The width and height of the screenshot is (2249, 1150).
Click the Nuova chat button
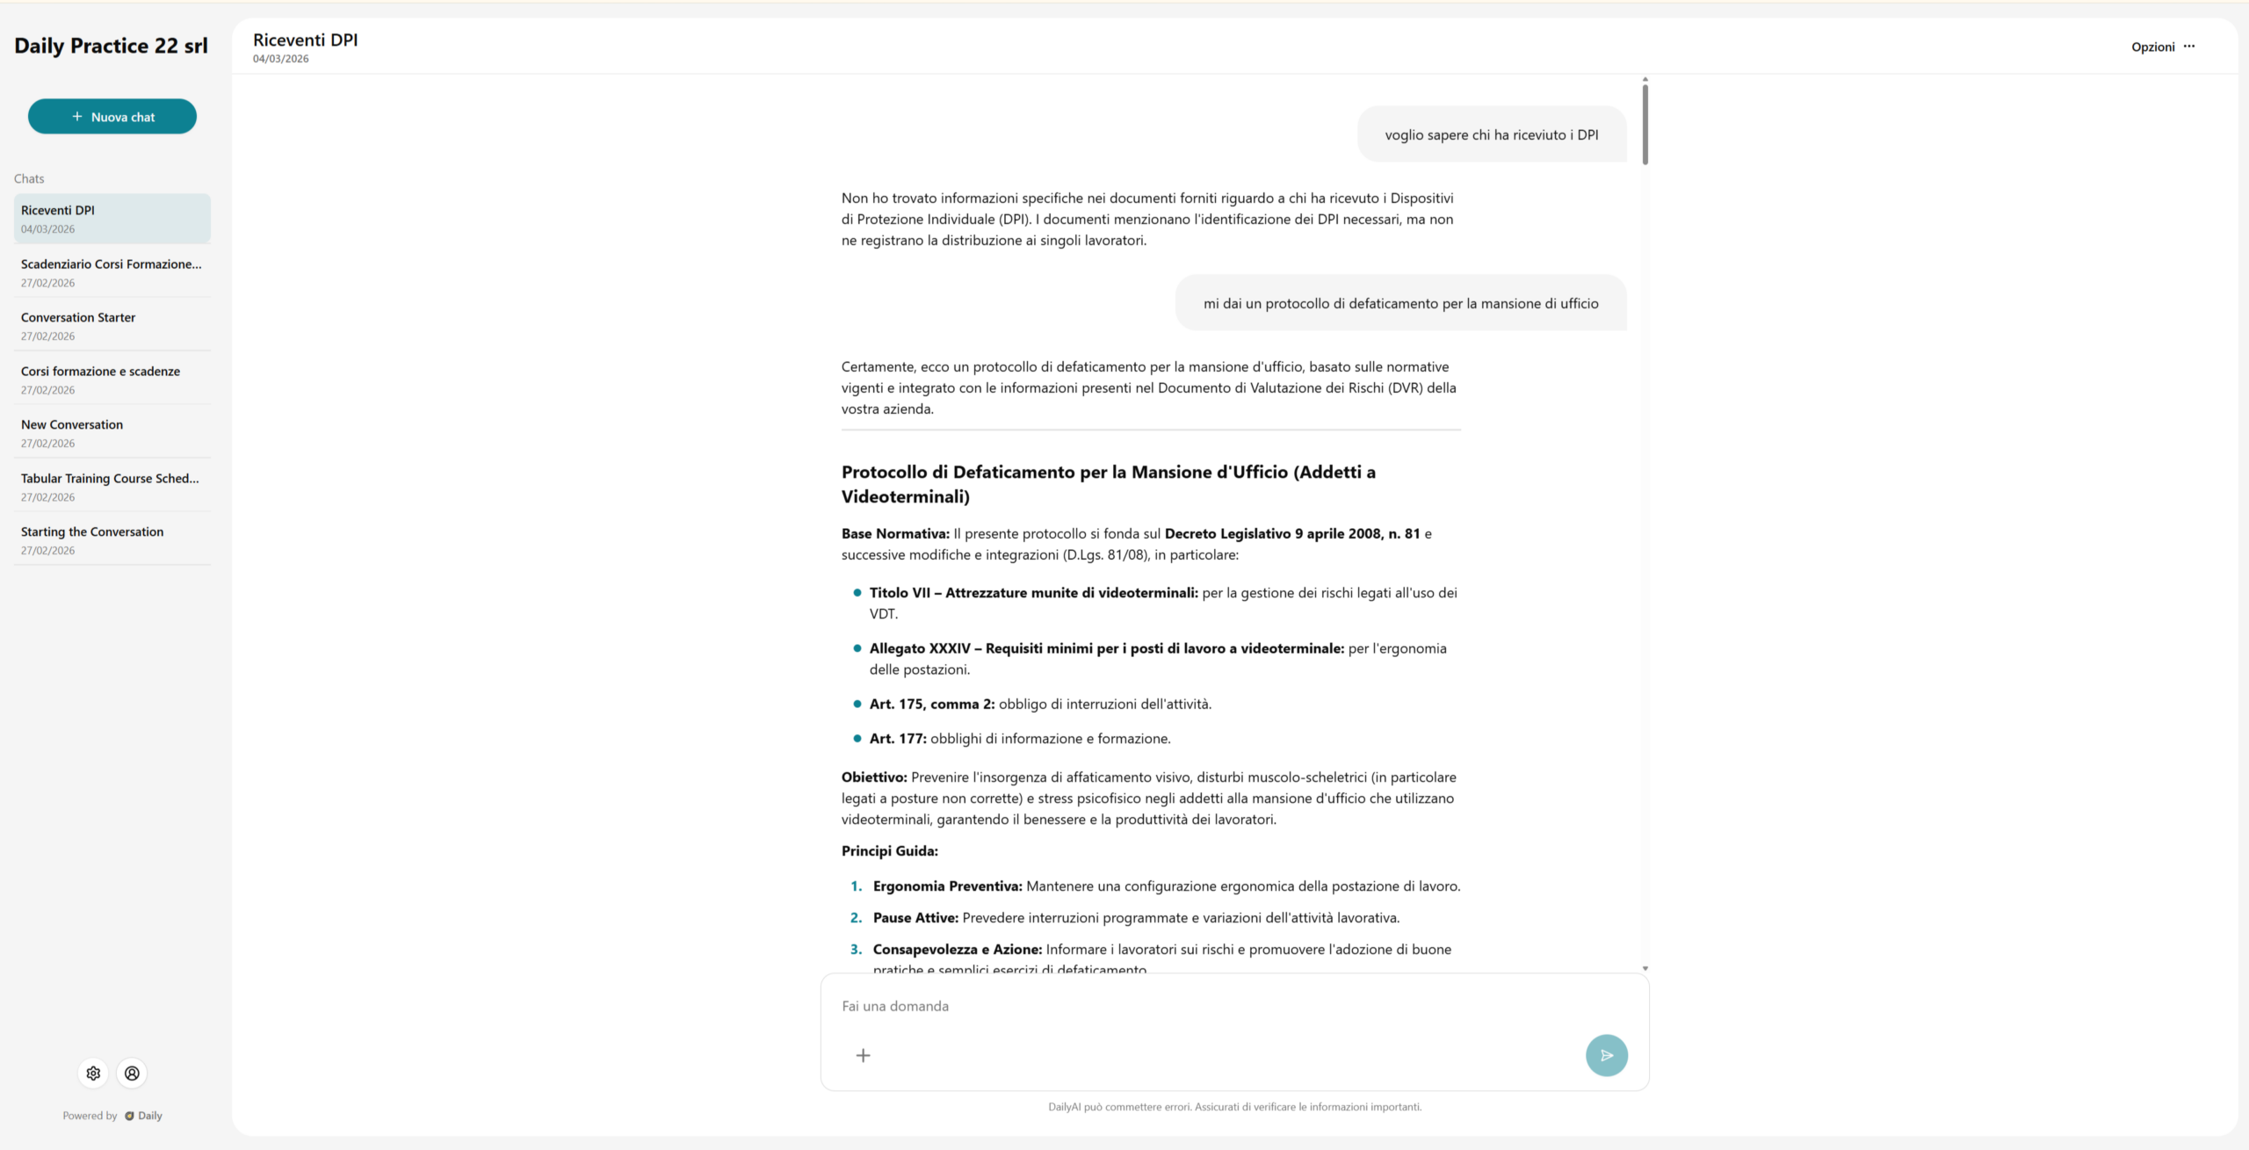click(112, 117)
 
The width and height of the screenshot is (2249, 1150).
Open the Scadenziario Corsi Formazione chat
click(112, 272)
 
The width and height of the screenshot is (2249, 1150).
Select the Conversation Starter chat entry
click(112, 326)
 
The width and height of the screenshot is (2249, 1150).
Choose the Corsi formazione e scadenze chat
click(112, 380)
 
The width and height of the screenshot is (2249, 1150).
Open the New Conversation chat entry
click(112, 433)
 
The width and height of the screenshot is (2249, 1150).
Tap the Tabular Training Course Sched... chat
click(112, 487)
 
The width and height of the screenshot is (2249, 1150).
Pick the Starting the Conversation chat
click(112, 540)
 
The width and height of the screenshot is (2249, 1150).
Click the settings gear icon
click(94, 1073)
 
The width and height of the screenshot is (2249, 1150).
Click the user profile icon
click(132, 1073)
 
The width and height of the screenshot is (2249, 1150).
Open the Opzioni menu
click(2163, 47)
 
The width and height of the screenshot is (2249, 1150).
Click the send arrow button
click(1606, 1055)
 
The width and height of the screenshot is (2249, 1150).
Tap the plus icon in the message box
click(864, 1055)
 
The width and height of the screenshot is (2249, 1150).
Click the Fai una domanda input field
click(1212, 1006)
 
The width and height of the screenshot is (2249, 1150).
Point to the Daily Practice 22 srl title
click(112, 46)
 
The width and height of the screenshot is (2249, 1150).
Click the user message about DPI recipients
click(1491, 134)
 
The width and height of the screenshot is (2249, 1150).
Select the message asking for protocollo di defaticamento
click(1400, 303)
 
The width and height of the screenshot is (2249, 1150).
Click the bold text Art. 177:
click(898, 739)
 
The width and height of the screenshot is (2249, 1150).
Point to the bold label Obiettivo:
click(874, 778)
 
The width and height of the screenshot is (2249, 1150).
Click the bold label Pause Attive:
click(915, 918)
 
